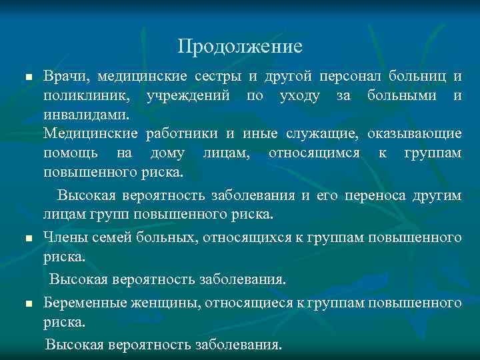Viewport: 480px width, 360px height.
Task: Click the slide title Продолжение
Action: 240,46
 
